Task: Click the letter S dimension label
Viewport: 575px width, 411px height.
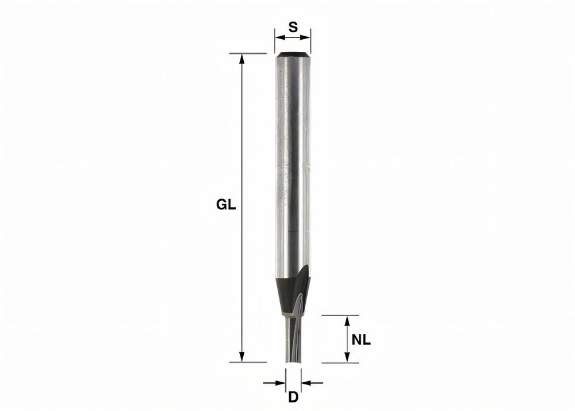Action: (x=293, y=26)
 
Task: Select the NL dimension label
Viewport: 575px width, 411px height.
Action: (x=361, y=340)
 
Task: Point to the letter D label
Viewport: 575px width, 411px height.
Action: (x=293, y=397)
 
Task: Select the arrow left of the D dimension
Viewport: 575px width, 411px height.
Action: (x=281, y=382)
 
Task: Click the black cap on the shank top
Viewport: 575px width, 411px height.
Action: (x=293, y=55)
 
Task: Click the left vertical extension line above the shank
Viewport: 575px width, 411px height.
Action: (x=275, y=40)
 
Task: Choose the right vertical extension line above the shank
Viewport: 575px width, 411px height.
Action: (x=311, y=40)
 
